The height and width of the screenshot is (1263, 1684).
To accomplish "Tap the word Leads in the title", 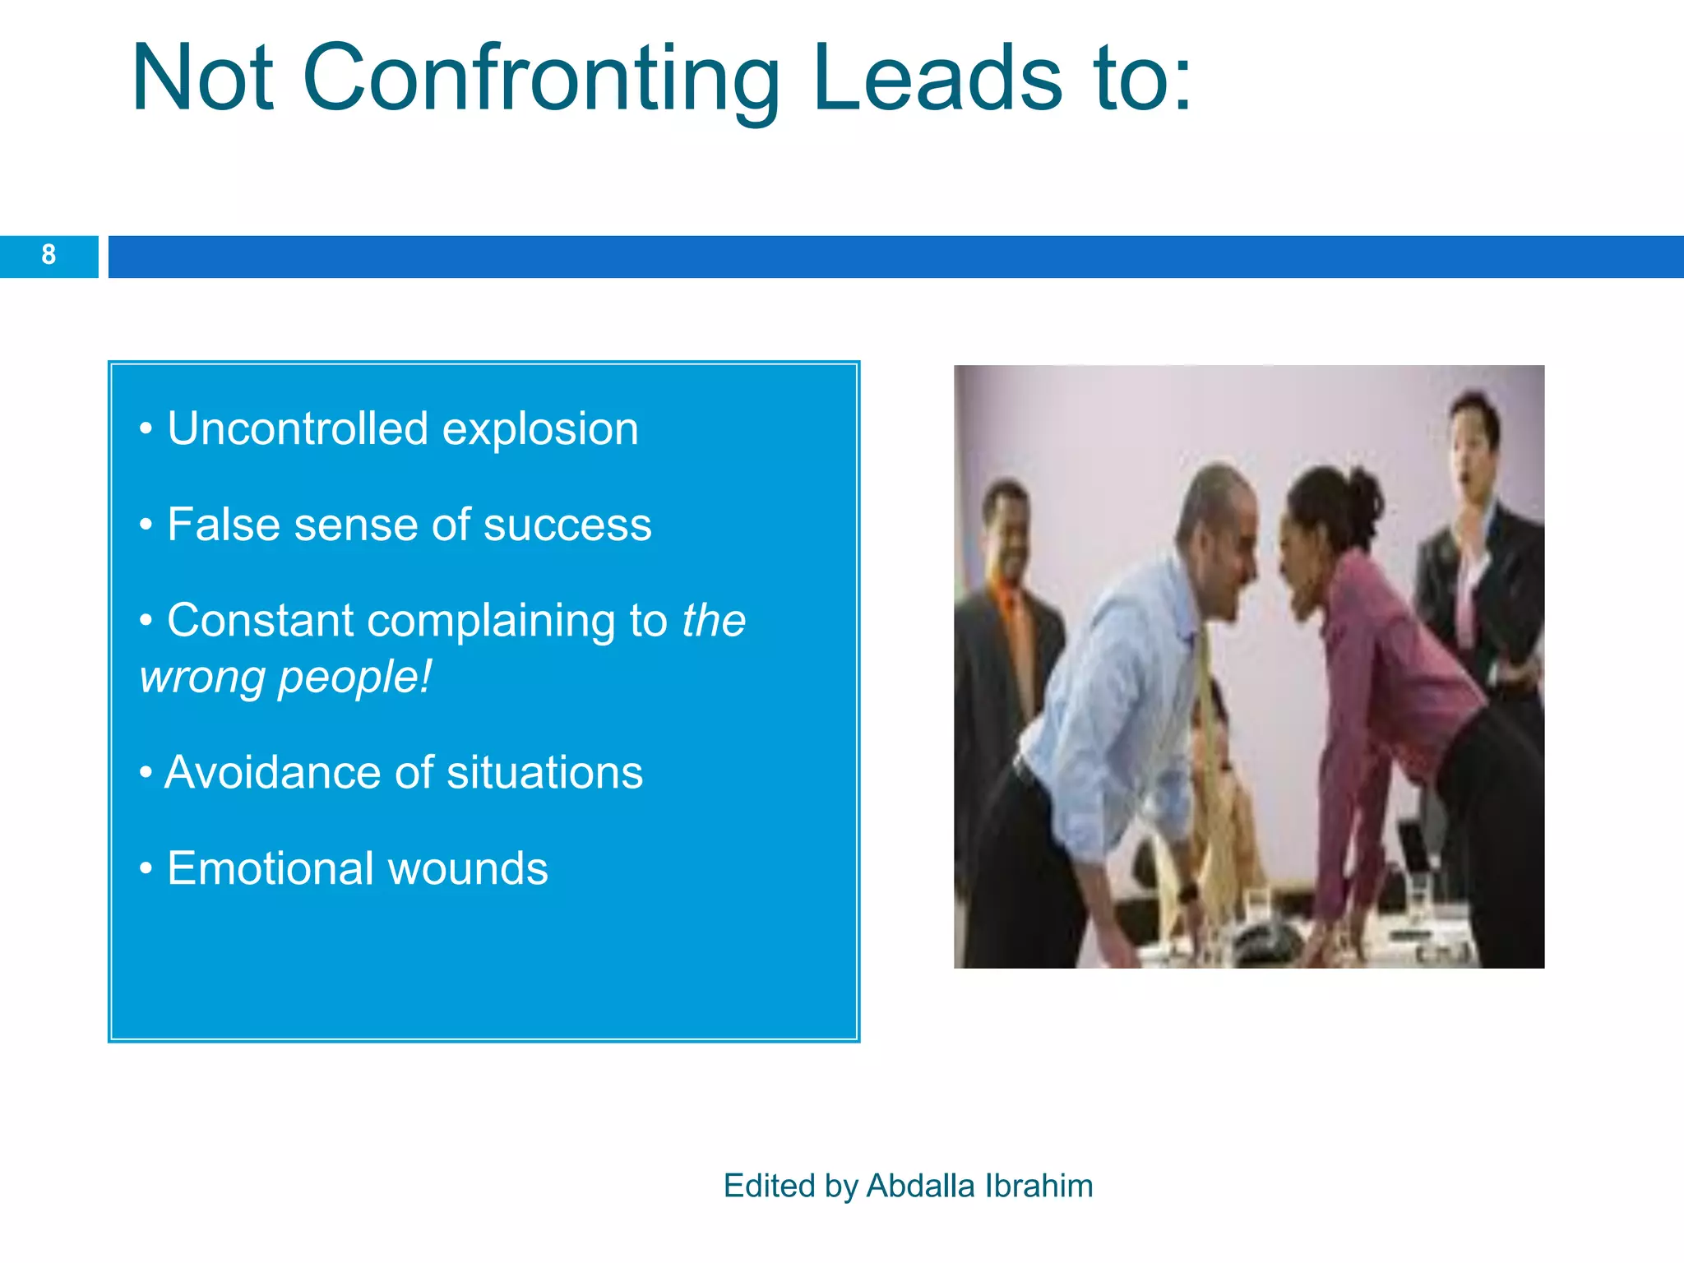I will pyautogui.click(x=937, y=79).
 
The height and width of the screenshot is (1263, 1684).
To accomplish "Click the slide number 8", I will pyautogui.click(x=49, y=255).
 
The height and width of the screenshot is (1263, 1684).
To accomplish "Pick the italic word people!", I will pyautogui.click(x=354, y=679).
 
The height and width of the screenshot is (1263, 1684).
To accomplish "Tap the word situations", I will pyautogui.click(x=544, y=773).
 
